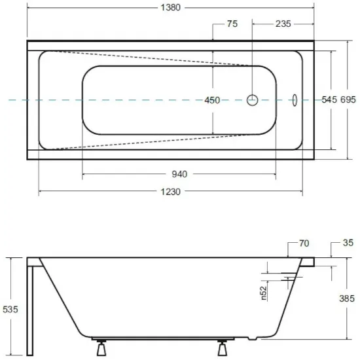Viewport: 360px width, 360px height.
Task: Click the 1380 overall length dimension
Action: [x=170, y=8]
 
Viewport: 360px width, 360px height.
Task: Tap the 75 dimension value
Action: [x=232, y=24]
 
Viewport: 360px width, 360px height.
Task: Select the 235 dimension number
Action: [x=283, y=24]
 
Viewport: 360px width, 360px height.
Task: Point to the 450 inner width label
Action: [x=212, y=100]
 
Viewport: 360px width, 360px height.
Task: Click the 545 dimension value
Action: [x=329, y=99]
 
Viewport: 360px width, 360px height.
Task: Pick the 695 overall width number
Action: [x=348, y=99]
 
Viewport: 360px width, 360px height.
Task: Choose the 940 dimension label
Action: [x=179, y=174]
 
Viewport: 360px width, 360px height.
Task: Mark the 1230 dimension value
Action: [x=170, y=192]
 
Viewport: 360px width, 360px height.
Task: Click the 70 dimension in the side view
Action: [x=304, y=243]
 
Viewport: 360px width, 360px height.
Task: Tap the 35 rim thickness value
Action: [x=348, y=243]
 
